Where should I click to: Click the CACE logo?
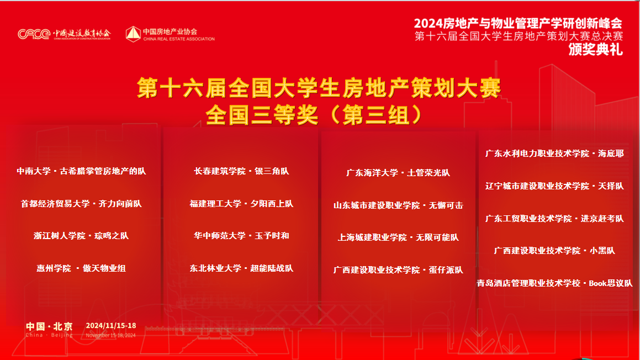tap(34, 34)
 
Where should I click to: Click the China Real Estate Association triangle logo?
tap(133, 34)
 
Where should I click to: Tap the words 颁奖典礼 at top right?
tap(595, 49)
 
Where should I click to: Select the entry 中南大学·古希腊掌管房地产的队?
tap(81, 171)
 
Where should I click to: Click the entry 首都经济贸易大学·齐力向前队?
tap(81, 204)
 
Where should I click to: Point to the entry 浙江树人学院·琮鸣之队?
tap(81, 236)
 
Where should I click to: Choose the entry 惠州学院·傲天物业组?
tap(81, 268)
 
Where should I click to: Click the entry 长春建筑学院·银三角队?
tap(241, 171)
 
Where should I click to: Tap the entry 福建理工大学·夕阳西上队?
tap(241, 204)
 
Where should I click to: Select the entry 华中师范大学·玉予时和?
tap(241, 236)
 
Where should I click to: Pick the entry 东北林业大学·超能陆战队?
tap(241, 268)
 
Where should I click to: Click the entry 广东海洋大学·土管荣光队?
tap(398, 173)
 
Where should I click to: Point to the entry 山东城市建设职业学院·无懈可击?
tap(398, 205)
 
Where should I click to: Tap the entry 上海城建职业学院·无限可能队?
tap(398, 237)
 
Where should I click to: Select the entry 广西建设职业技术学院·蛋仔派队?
tap(398, 270)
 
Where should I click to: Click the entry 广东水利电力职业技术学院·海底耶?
tap(554, 153)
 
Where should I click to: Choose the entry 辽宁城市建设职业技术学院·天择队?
tap(554, 186)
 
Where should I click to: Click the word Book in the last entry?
tap(598, 283)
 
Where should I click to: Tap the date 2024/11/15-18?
tap(111, 326)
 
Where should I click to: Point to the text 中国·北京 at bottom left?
tap(49, 326)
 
